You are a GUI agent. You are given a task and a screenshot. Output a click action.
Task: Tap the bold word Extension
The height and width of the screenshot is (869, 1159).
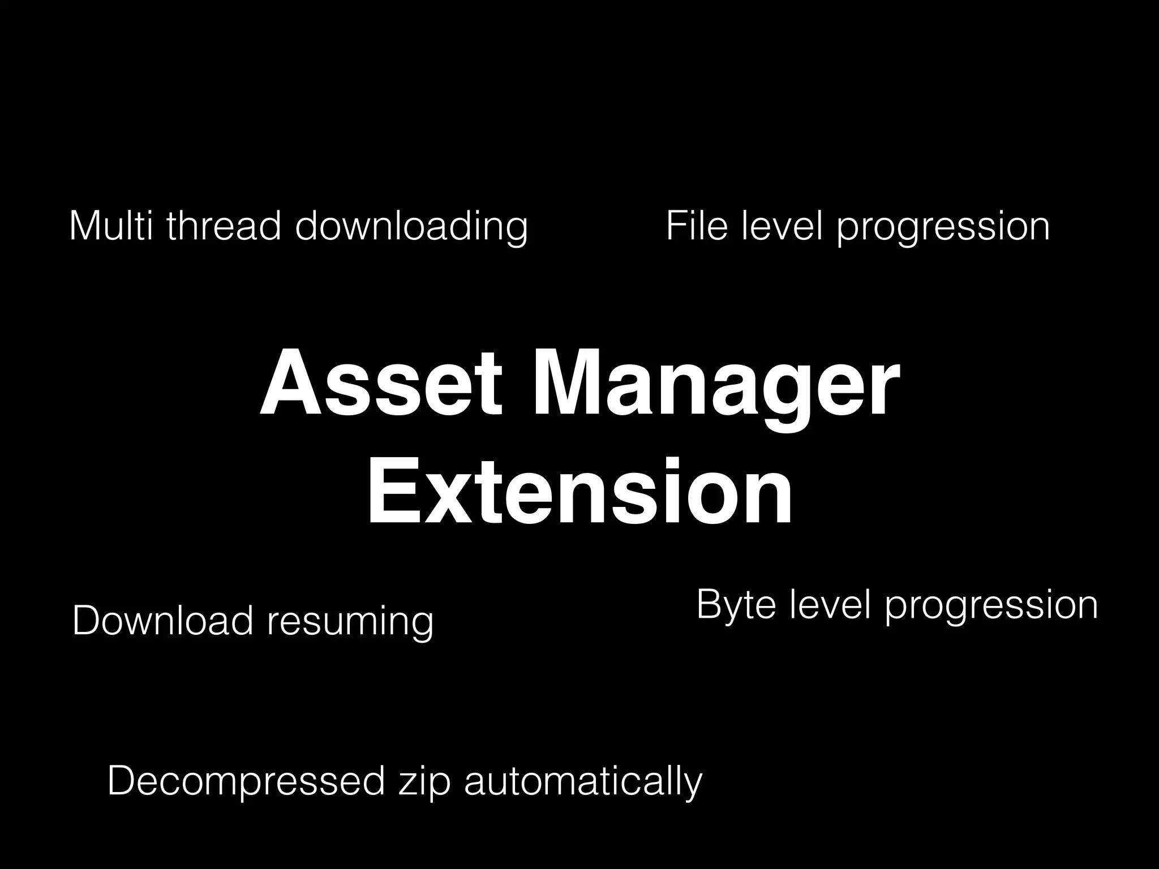pyautogui.click(x=579, y=492)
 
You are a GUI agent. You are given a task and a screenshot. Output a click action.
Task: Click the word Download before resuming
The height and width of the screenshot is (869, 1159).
pyautogui.click(x=162, y=621)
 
